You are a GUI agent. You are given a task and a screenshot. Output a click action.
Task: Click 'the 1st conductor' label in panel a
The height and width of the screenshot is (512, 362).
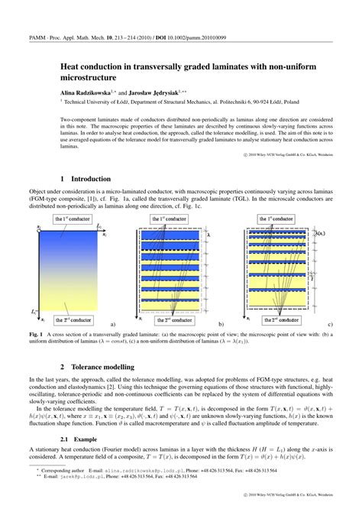(x=72, y=219)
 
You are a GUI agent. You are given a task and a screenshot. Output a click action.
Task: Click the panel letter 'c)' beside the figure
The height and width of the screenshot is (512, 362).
(x=330, y=324)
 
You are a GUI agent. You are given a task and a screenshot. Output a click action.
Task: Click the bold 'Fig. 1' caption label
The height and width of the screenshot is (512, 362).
(x=37, y=335)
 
